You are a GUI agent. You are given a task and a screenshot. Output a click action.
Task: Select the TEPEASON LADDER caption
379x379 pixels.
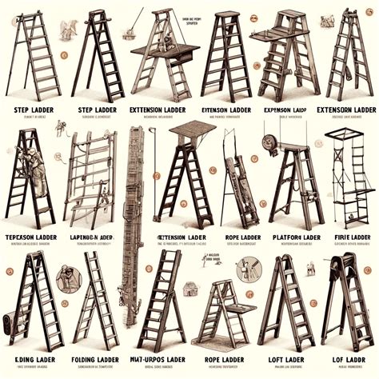pyautogui.click(x=31, y=237)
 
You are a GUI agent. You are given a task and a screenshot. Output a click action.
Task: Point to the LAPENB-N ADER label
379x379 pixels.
pyautogui.click(x=93, y=237)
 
